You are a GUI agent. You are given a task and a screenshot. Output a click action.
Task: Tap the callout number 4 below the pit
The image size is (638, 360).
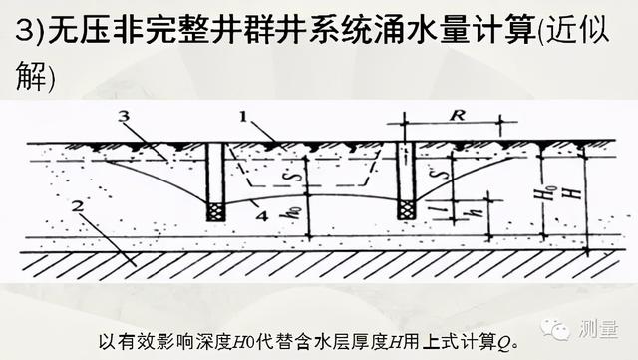pos(260,211)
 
